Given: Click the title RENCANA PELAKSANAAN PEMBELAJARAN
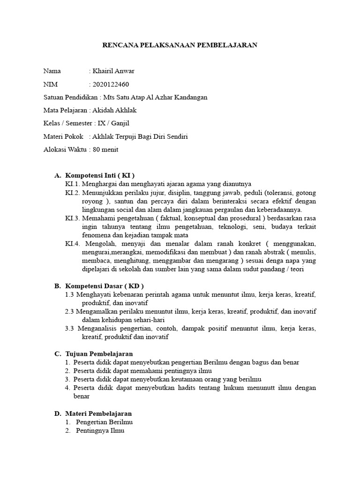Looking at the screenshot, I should pyautogui.click(x=180, y=45).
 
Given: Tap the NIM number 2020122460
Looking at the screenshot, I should pyautogui.click(x=111, y=84).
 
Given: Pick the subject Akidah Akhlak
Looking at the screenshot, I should pyautogui.click(x=115, y=111).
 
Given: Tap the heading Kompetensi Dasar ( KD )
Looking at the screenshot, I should pyautogui.click(x=104, y=285).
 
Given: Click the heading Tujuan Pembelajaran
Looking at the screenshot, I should pyautogui.click(x=99, y=353).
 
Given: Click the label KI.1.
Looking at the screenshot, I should pyautogui.click(x=73, y=184).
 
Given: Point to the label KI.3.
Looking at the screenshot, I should pyautogui.click(x=73, y=218).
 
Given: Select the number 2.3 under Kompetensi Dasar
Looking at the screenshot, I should pyautogui.click(x=70, y=311).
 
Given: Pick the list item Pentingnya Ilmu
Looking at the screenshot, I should pyautogui.click(x=100, y=431).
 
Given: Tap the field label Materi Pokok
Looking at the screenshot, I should pyautogui.click(x=63, y=136).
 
